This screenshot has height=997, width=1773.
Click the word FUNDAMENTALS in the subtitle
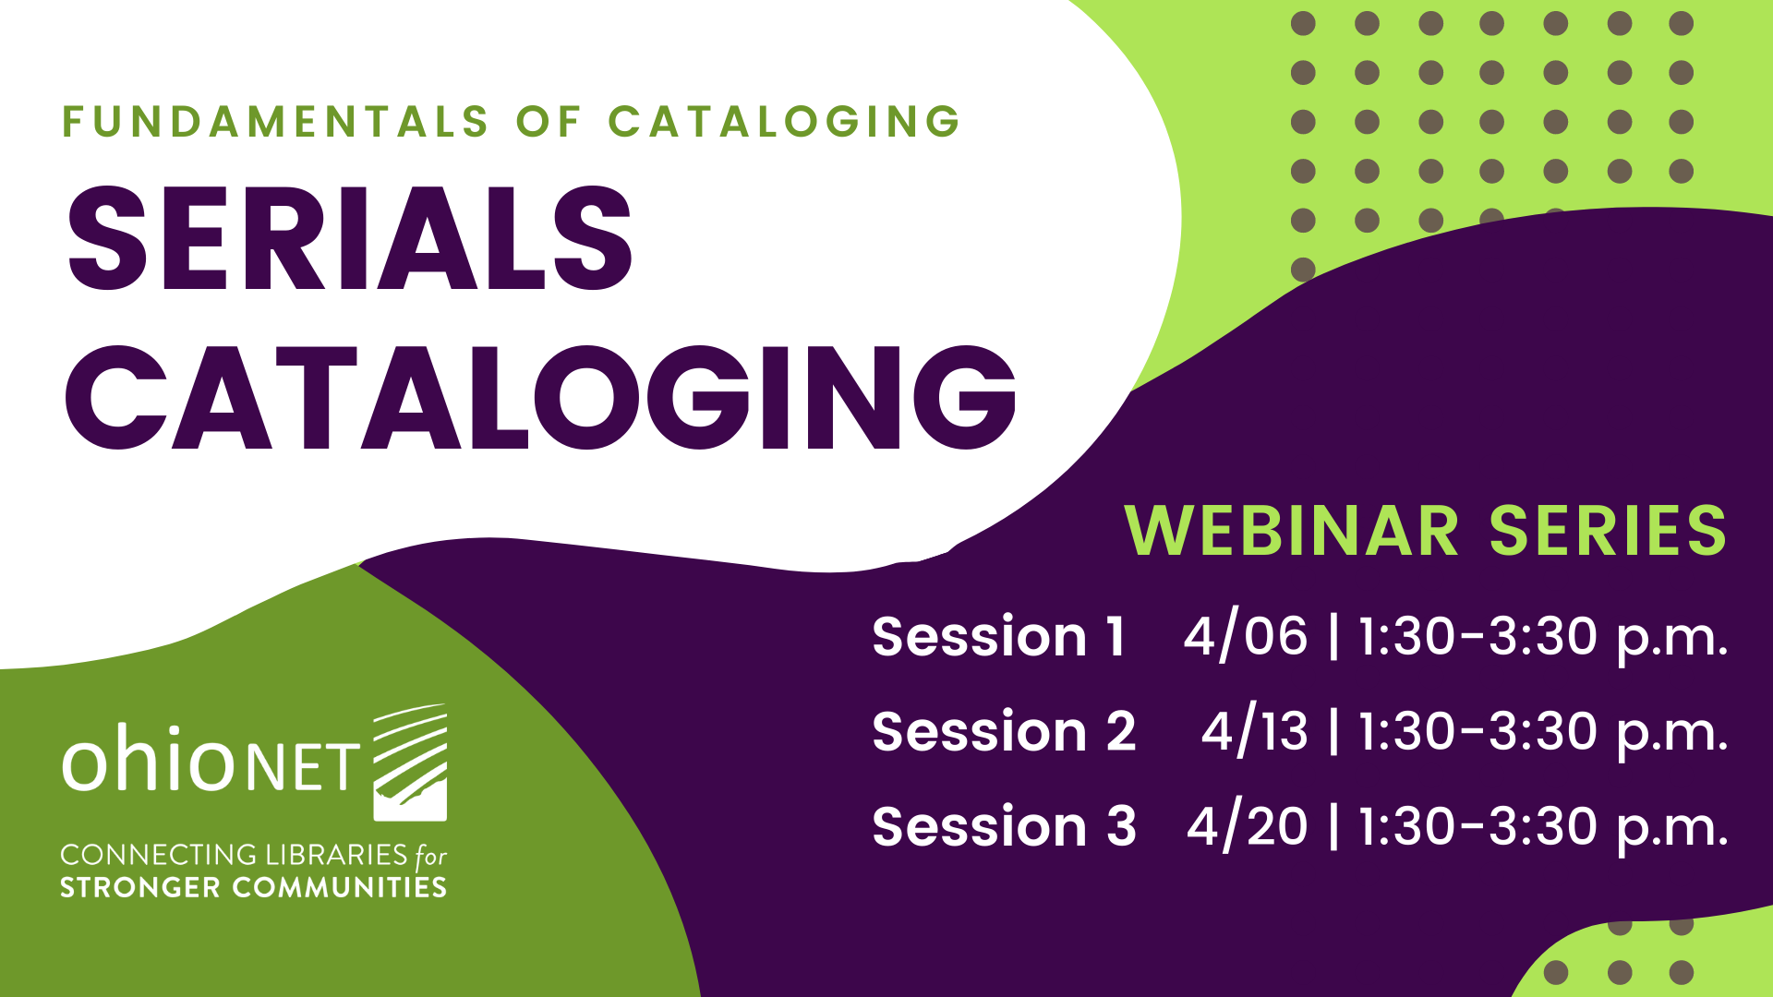[275, 122]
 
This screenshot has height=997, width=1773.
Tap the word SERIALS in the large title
[351, 237]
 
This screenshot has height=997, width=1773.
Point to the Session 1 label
[999, 636]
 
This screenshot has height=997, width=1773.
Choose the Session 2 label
[1004, 731]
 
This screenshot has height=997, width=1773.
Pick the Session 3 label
[1004, 825]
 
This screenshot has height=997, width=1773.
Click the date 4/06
[1246, 637]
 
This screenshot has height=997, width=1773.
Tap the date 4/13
[1254, 731]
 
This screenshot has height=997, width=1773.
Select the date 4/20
[1248, 826]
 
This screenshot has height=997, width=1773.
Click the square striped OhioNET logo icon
[410, 763]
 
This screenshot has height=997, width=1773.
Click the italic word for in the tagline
[430, 857]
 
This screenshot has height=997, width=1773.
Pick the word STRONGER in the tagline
[140, 888]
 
